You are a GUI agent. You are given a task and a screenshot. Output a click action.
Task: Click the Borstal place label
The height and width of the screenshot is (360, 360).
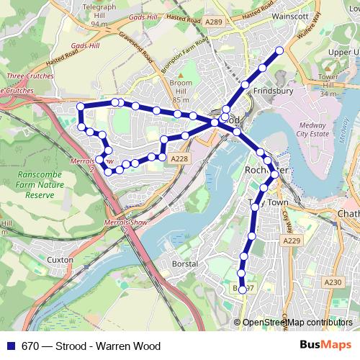(185, 264)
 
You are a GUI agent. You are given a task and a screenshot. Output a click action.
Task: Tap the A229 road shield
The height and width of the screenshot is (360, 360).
(291, 240)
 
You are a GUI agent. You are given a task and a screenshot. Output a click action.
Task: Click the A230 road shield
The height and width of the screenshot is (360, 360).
(333, 283)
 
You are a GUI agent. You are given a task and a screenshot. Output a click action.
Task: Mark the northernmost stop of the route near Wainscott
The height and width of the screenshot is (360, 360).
(280, 50)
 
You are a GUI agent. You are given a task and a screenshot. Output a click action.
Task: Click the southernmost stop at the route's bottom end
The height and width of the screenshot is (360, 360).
(243, 289)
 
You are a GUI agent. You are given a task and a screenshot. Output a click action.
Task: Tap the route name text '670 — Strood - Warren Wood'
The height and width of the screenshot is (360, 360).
(91, 346)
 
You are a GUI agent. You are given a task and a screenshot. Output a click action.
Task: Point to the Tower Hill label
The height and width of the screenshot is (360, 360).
(328, 85)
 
